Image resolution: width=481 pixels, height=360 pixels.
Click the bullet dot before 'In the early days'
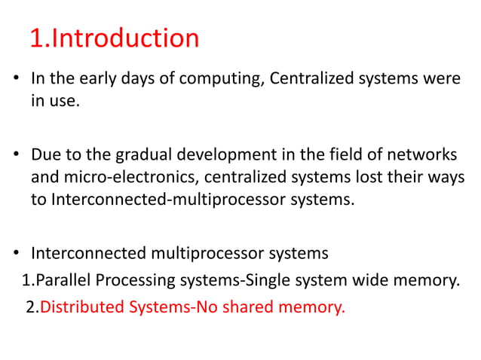(16, 79)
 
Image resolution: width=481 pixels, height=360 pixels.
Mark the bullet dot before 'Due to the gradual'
(16, 156)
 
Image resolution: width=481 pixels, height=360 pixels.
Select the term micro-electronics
(121, 178)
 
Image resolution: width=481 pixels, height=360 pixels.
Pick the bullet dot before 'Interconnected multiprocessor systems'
(16, 253)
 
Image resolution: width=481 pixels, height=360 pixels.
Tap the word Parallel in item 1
(62, 282)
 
